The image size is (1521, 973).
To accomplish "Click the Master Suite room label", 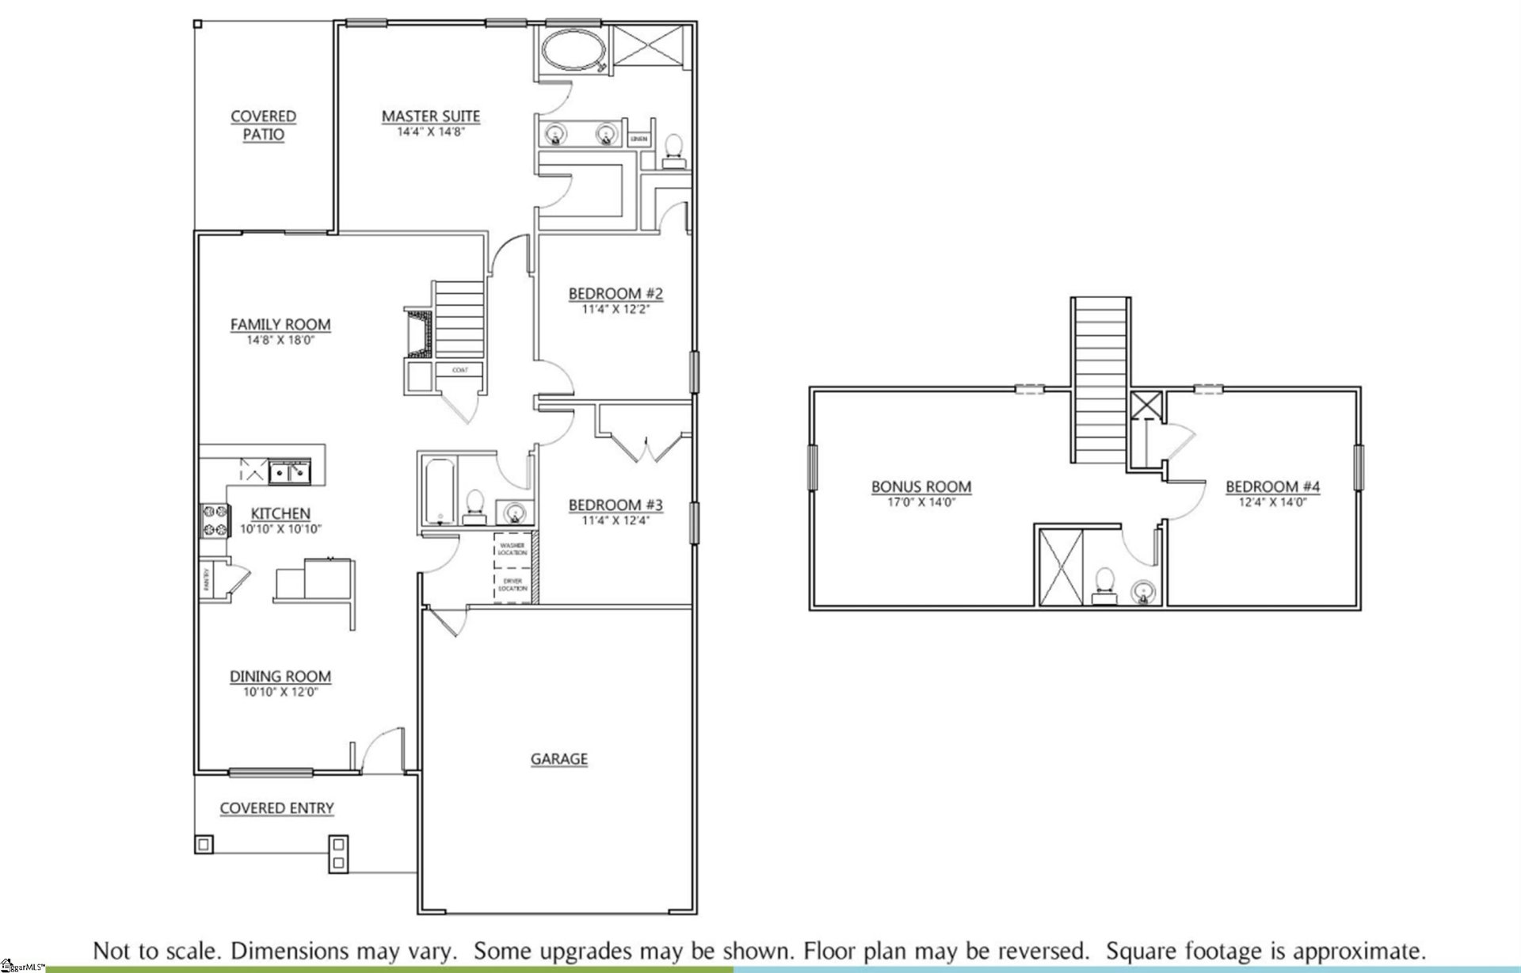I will click(431, 116).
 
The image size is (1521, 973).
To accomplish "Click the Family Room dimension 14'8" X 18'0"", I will click(280, 341).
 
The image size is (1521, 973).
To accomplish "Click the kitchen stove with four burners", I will click(213, 521).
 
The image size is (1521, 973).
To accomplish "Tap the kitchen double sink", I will click(291, 474).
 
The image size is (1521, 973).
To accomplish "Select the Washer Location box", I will click(512, 548).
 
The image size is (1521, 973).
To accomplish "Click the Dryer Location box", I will click(512, 586).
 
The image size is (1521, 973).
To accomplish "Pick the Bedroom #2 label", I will click(616, 294).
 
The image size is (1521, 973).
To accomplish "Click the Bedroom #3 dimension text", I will click(616, 521).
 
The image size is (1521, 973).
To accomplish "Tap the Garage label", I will click(558, 759).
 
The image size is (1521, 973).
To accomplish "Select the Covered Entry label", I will click(276, 808).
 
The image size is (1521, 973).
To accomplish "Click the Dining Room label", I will click(280, 676).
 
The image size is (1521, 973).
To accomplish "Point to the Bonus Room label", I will click(921, 486).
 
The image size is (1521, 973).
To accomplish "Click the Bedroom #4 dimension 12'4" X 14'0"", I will click(1272, 502).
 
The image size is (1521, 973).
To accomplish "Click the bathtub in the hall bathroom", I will click(438, 491).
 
